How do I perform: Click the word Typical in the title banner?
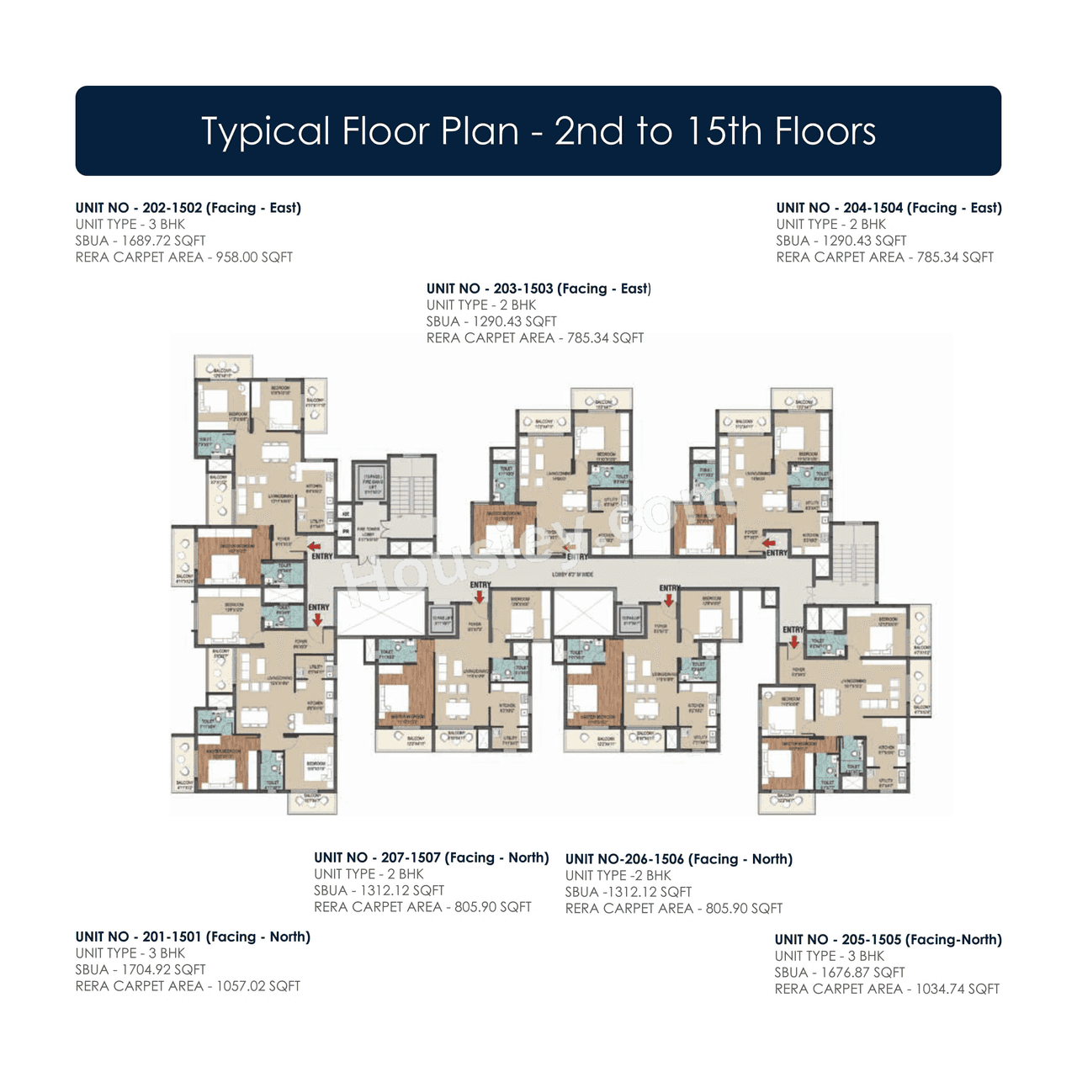[266, 132]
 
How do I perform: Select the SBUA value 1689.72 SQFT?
[163, 241]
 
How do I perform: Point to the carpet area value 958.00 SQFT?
[254, 257]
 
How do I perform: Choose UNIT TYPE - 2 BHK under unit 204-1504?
[830, 225]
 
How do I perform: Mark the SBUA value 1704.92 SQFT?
[163, 970]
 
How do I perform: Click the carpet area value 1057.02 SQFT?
[257, 986]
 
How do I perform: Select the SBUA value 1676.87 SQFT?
[862, 973]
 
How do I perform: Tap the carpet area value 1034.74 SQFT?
[958, 989]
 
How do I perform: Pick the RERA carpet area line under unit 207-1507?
[422, 907]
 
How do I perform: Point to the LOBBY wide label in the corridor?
[572, 575]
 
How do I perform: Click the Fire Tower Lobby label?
[369, 533]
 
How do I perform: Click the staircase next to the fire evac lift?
[412, 496]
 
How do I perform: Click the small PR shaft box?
[345, 532]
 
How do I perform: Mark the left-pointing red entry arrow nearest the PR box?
[314, 546]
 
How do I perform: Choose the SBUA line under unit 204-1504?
[841, 241]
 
